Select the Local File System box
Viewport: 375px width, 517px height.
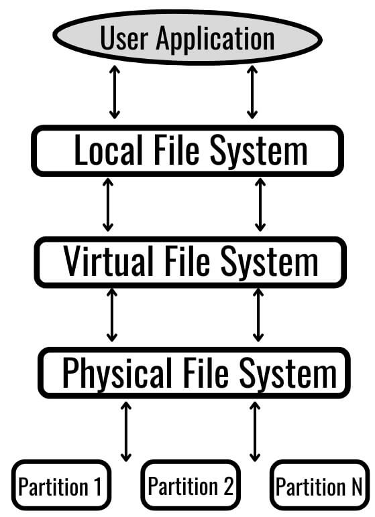188,151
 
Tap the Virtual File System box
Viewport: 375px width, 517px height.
191,261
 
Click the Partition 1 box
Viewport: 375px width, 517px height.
61,486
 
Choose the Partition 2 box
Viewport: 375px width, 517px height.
190,486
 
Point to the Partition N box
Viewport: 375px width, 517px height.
319,486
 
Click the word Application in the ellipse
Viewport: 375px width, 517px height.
215,38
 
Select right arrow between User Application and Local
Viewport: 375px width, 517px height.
252,92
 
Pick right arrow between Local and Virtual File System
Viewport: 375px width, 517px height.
260,205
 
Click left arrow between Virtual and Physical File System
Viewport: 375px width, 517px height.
112,315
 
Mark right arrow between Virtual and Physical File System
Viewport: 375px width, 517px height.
258,315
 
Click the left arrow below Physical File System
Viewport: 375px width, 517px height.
125,431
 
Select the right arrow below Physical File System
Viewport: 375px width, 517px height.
255,431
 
